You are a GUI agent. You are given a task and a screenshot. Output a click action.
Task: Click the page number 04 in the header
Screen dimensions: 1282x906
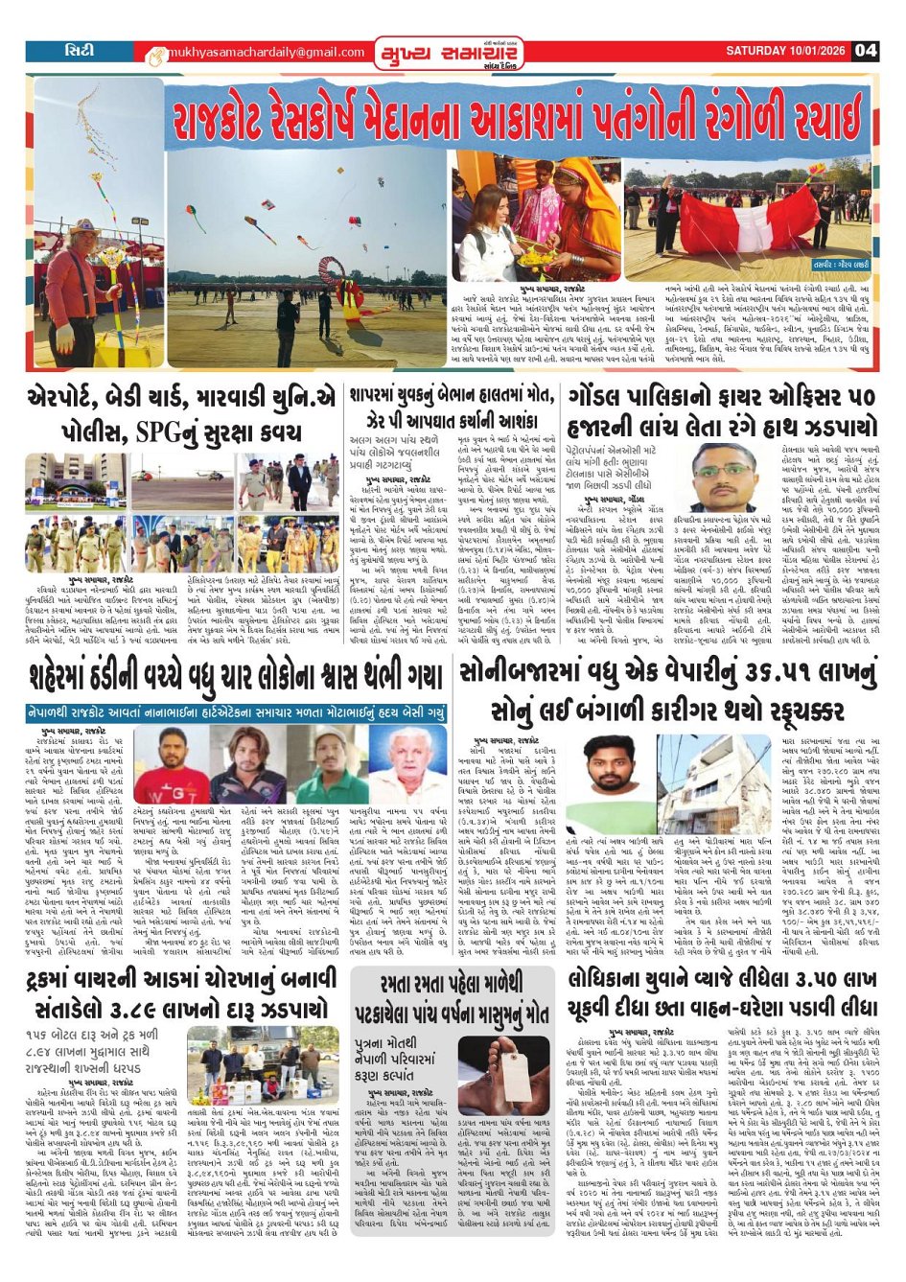865,50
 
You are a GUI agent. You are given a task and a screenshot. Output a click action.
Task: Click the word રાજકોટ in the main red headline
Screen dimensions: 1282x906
227,120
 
